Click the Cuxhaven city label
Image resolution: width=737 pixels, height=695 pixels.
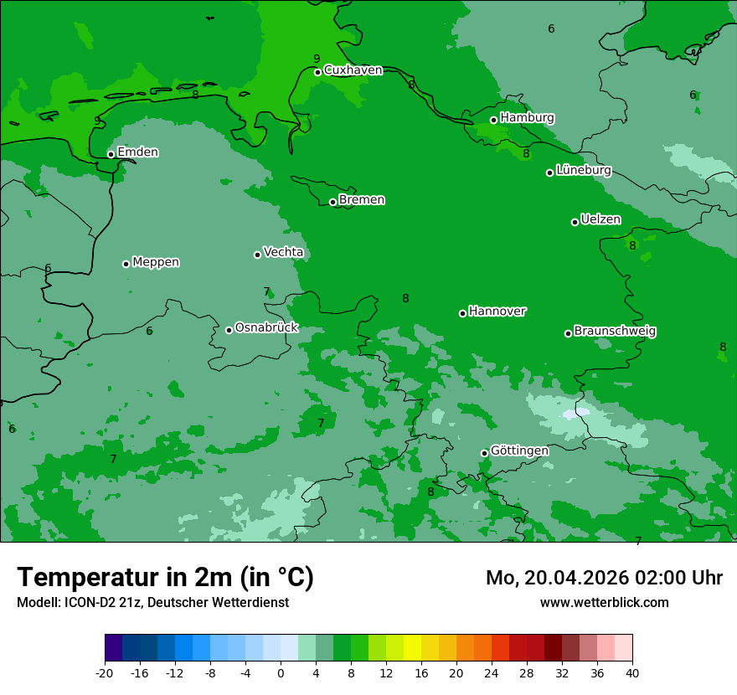[353, 70]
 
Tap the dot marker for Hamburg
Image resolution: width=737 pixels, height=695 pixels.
[494, 120]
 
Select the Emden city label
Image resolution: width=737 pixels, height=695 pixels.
[137, 152]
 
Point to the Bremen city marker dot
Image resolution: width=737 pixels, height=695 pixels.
[332, 202]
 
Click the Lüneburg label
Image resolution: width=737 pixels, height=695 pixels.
[583, 170]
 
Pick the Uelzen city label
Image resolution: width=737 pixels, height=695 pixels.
[600, 219]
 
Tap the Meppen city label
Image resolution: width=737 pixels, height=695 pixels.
[156, 262]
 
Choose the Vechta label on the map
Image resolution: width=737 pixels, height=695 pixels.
[283, 252]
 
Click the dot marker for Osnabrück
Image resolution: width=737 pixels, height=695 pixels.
[229, 330]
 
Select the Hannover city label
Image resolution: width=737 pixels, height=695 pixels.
[497, 311]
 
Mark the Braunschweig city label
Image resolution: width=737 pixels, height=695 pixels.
[615, 332]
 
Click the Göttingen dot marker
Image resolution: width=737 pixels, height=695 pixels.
[484, 453]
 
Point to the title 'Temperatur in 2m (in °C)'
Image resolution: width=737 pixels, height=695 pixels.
[165, 578]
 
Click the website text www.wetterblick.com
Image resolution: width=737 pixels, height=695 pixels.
[604, 603]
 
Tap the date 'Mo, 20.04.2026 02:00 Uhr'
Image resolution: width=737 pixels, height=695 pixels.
[604, 578]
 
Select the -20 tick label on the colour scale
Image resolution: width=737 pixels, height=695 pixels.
[105, 673]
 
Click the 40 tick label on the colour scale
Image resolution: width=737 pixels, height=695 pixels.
[632, 673]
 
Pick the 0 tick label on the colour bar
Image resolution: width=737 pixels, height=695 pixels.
[281, 673]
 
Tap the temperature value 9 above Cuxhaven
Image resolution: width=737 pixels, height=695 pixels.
[317, 59]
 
